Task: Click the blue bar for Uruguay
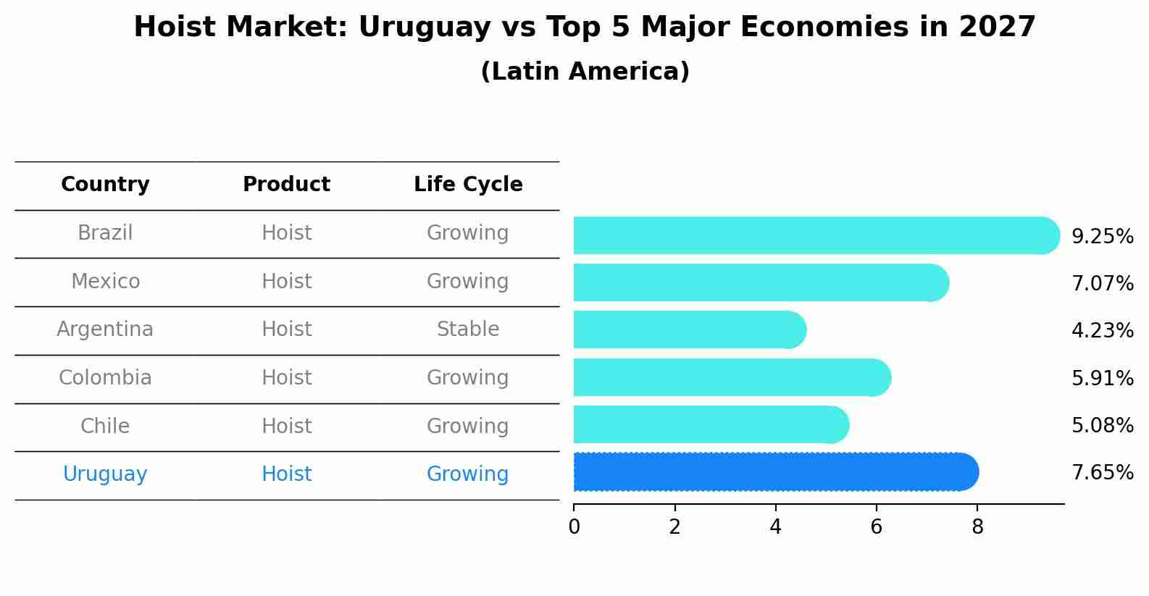[775, 472]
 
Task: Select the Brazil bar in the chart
[815, 235]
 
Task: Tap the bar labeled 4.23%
[688, 330]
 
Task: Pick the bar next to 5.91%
[732, 377]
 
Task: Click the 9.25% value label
[1102, 237]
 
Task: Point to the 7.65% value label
[1102, 473]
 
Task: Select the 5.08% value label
[1102, 425]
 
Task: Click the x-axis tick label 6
[876, 527]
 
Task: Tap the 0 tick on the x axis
[574, 527]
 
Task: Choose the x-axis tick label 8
[977, 527]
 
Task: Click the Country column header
[105, 185]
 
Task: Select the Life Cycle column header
[468, 185]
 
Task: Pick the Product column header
[286, 185]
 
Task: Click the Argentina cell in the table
[105, 330]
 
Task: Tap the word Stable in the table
[468, 330]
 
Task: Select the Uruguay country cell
[105, 474]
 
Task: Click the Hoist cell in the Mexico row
[286, 281]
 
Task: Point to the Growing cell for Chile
[468, 426]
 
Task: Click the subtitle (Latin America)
[585, 72]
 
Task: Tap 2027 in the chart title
[997, 28]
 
